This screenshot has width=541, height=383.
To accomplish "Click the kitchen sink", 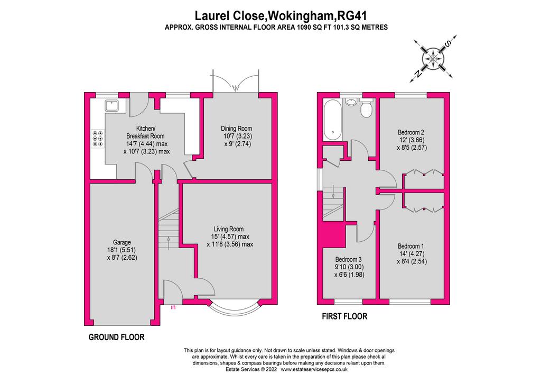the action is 112,105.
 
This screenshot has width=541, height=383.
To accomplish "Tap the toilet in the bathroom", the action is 366,108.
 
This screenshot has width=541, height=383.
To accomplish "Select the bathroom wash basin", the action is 351,102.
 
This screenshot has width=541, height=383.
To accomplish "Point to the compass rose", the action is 433,58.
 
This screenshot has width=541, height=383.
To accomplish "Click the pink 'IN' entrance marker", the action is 173,307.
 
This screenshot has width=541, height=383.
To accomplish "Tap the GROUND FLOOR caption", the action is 117,337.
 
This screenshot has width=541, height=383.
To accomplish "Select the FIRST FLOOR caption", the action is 344,316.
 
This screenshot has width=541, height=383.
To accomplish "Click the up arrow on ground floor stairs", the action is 169,242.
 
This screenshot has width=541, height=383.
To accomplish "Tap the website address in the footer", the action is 314,370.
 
